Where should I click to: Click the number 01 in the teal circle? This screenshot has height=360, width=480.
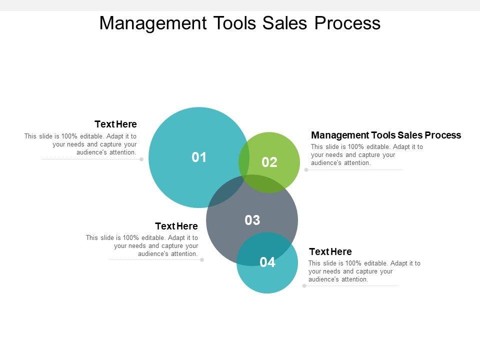coord(199,157)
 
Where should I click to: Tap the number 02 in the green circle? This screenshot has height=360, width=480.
coord(269,162)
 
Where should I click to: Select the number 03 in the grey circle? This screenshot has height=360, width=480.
coord(252,220)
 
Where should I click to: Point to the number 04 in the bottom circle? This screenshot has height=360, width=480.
coord(267,262)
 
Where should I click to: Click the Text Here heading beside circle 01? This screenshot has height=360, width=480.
coord(115,124)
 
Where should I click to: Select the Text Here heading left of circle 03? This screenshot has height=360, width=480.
coord(176,226)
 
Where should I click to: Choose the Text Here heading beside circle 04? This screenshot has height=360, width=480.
coord(330,251)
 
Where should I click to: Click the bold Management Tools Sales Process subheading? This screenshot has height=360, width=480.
coord(386,135)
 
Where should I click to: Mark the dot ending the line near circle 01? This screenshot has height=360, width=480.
coord(141,159)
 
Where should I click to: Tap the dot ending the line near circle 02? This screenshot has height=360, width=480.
coord(306,170)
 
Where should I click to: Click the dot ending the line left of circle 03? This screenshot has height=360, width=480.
coord(202,260)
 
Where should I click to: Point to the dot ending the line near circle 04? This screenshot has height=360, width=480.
coord(304,286)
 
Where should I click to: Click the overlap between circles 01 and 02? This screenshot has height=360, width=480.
coord(244,160)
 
